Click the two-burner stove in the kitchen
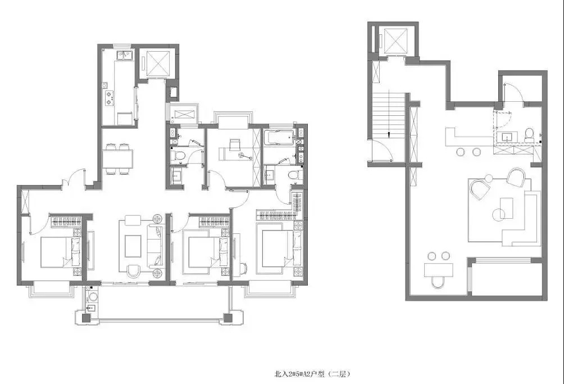tap(108, 98)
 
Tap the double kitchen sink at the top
tap(125, 55)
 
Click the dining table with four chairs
tap(117, 159)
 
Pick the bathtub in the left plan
tap(279, 138)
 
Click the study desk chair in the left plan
tap(235, 145)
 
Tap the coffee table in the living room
tap(133, 246)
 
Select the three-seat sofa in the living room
tap(155, 246)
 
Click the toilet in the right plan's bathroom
tap(530, 135)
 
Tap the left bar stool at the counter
tap(461, 152)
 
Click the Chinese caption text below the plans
tap(312, 374)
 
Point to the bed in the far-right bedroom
tap(282, 249)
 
